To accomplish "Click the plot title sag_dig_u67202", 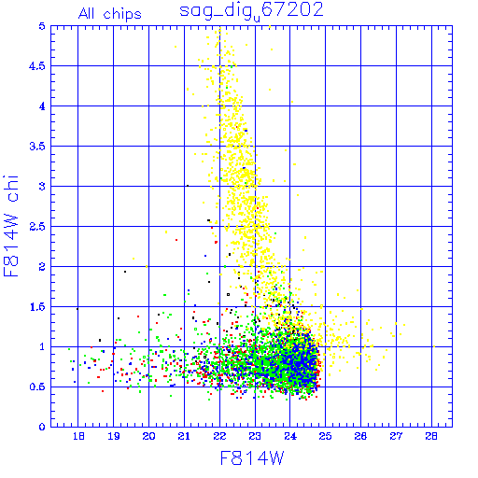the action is point(251,11).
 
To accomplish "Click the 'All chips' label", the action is point(110,14).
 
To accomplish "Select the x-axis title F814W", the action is point(252,458).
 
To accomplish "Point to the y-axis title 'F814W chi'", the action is point(11,226).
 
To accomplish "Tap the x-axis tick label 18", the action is point(78,436).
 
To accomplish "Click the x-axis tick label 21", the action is point(184,436).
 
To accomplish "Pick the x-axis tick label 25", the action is point(325,436).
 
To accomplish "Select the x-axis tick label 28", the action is point(431,436).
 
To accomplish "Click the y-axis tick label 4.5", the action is point(37,66).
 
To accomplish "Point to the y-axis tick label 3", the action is point(42,187).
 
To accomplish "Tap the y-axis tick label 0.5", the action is point(37,387).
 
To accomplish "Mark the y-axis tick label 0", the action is point(42,427).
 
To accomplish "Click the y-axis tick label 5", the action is point(42,26).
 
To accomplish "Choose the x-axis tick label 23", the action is point(255,436).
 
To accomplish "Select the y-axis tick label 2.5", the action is point(37,227).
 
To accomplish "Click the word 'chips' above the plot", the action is point(122,15).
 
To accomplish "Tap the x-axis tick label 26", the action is point(360,436).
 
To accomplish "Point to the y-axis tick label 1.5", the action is point(37,307).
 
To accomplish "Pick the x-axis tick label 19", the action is point(114,436).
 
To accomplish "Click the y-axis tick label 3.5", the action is point(37,147).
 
